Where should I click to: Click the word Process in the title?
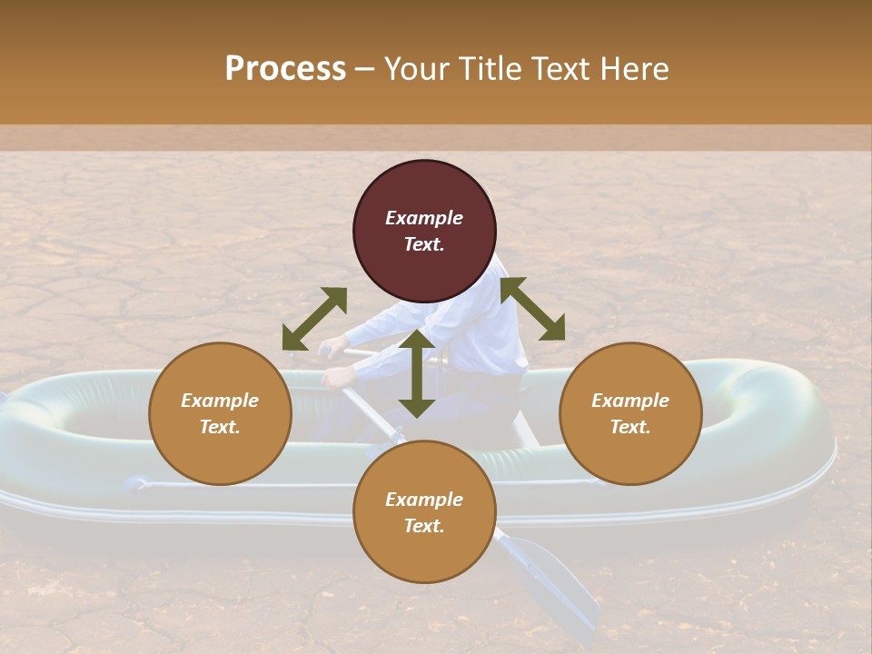pos(285,69)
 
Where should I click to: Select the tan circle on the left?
pos(220,413)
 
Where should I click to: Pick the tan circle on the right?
pos(629,413)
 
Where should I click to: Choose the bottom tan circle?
pos(424,511)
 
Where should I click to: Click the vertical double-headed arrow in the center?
pos(417,373)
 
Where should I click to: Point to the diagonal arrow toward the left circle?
pos(314,319)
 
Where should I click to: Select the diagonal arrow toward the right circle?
pos(533,309)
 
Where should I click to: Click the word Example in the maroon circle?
pos(424,218)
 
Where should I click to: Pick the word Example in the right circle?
pos(629,401)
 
